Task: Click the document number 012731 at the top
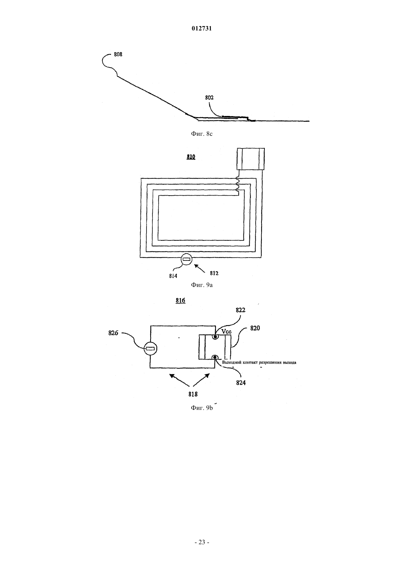coord(202,28)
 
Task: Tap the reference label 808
coord(118,54)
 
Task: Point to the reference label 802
coord(209,98)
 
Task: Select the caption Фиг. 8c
coord(202,134)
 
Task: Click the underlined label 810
coord(191,157)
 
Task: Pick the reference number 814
coord(173,276)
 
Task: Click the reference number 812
coord(214,273)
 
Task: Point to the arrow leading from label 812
coord(200,269)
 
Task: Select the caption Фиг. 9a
coord(202,285)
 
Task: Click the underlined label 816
coord(180,301)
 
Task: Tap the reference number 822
coord(241,310)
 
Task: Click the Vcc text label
coord(227,332)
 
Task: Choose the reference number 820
coord(255,328)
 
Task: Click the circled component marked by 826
coord(151,349)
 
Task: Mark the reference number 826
coord(113,333)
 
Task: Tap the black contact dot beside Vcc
coord(216,337)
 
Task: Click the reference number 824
coord(241,383)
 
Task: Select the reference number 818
coord(193,394)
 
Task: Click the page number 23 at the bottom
coord(202,542)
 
